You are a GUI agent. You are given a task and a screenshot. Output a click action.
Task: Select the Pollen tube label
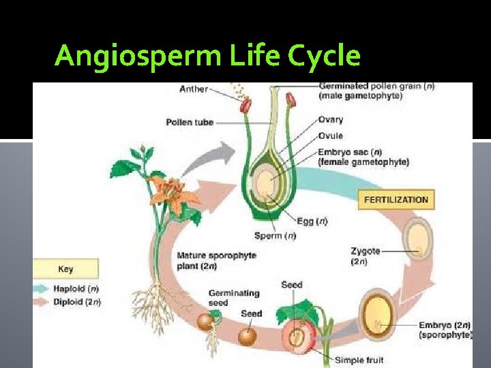coord(190,123)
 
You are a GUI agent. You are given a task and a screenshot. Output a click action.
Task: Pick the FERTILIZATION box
coord(396,200)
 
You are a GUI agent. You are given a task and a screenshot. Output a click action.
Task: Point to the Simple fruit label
coord(359,360)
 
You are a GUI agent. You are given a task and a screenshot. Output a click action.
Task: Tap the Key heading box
coord(65,269)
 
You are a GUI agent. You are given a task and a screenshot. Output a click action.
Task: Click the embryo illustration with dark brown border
coord(378,311)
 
